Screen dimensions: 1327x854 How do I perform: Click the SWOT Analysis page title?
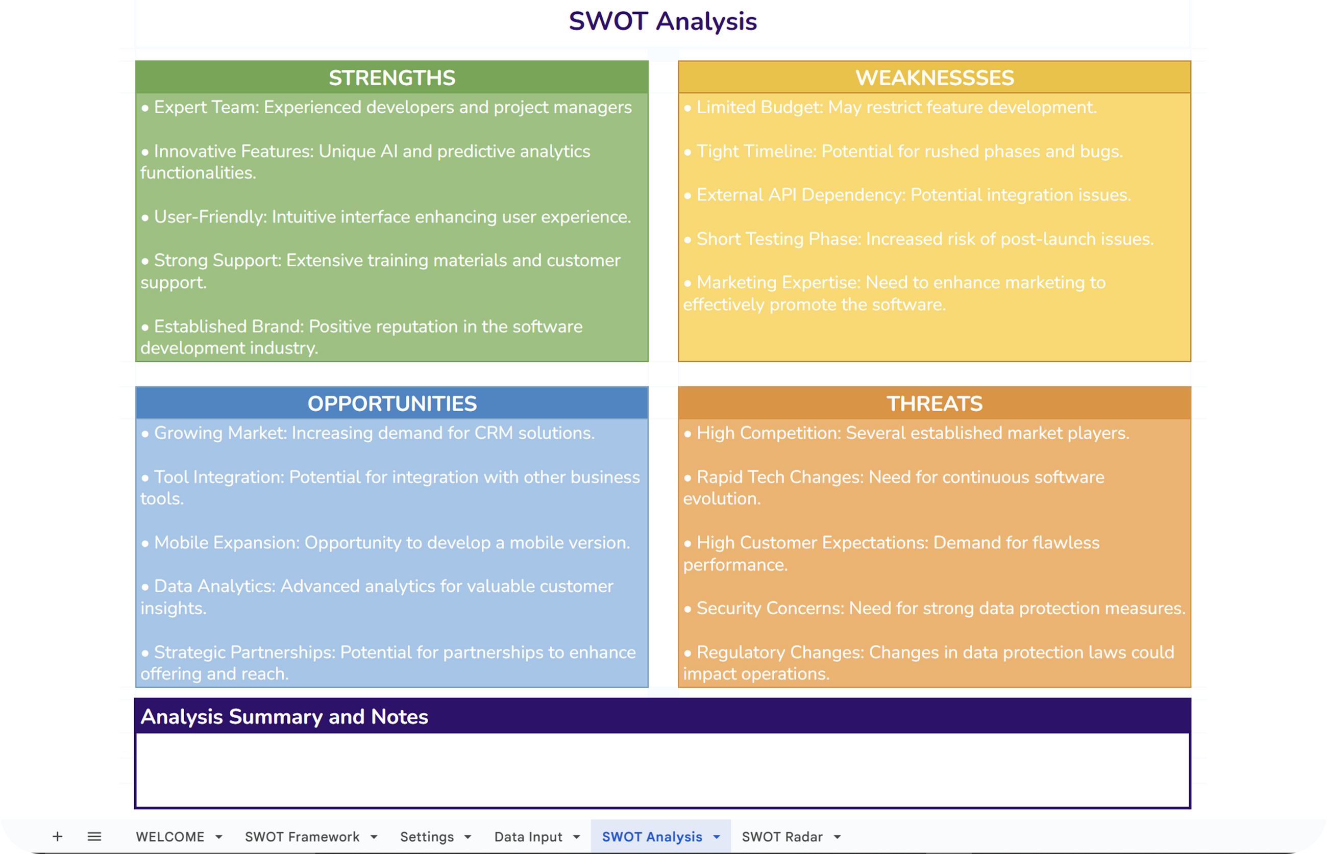tap(662, 21)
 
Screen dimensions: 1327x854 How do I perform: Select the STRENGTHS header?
tap(391, 78)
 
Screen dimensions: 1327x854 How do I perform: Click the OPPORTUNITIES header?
tap(391, 403)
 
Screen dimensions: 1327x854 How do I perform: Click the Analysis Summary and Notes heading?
tap(284, 716)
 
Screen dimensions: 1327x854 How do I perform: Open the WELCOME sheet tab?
tap(170, 837)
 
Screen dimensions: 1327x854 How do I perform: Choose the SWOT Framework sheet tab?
tap(302, 837)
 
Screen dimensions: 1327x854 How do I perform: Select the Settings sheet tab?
tap(427, 837)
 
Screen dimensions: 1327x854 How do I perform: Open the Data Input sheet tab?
tap(528, 837)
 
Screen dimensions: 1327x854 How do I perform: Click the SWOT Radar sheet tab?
tap(782, 837)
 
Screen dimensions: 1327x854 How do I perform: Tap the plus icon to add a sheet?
tap(57, 836)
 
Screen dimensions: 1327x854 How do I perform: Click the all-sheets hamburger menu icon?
tap(94, 836)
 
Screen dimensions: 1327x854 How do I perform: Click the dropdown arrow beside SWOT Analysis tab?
tap(717, 837)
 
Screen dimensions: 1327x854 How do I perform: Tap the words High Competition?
tap(768, 433)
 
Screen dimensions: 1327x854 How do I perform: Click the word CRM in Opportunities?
tap(494, 433)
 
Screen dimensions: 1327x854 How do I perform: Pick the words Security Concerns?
tap(770, 608)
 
